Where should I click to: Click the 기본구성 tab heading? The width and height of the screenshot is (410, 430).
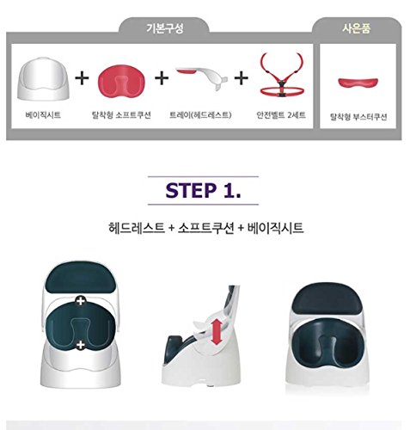point(165,28)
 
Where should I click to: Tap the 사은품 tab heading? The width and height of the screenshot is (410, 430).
point(357,28)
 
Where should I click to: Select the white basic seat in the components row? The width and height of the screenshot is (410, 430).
point(43,78)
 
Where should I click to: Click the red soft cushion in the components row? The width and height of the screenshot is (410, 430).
point(121,80)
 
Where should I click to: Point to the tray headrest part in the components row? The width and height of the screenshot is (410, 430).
point(202,77)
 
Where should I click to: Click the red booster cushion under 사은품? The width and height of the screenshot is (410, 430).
point(358,83)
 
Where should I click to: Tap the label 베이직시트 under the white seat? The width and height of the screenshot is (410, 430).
point(43,115)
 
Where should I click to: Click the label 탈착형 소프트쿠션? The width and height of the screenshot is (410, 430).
point(121,115)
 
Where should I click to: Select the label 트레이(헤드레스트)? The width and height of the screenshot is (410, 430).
point(200,115)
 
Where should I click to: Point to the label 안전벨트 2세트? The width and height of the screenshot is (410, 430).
point(281,115)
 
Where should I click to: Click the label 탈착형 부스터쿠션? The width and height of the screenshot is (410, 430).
point(358,117)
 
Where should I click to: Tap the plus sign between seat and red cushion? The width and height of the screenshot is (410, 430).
point(82,78)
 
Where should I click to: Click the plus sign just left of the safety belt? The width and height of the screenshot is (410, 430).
point(242,78)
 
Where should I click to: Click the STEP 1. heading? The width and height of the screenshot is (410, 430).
point(203,191)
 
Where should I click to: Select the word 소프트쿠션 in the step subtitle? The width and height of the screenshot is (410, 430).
point(206,229)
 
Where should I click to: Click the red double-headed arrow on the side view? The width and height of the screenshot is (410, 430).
point(217,332)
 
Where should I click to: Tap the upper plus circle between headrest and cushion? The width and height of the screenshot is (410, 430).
point(81,301)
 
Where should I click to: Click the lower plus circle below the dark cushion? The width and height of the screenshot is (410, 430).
point(81,345)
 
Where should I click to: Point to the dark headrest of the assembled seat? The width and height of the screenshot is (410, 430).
point(328,298)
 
